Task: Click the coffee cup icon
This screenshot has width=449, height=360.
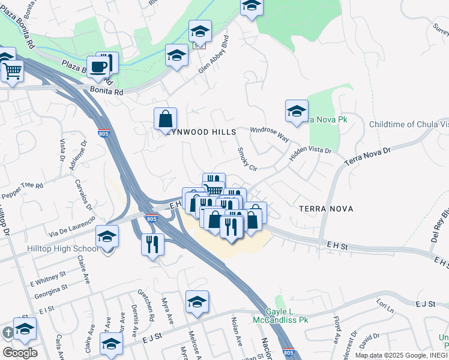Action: (x=97, y=66)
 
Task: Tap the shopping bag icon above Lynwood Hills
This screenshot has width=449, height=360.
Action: (x=165, y=119)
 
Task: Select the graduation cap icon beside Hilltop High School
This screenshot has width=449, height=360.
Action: (x=107, y=236)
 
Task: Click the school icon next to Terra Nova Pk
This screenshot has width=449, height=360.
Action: (x=297, y=111)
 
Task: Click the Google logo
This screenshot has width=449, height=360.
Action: (x=20, y=352)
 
